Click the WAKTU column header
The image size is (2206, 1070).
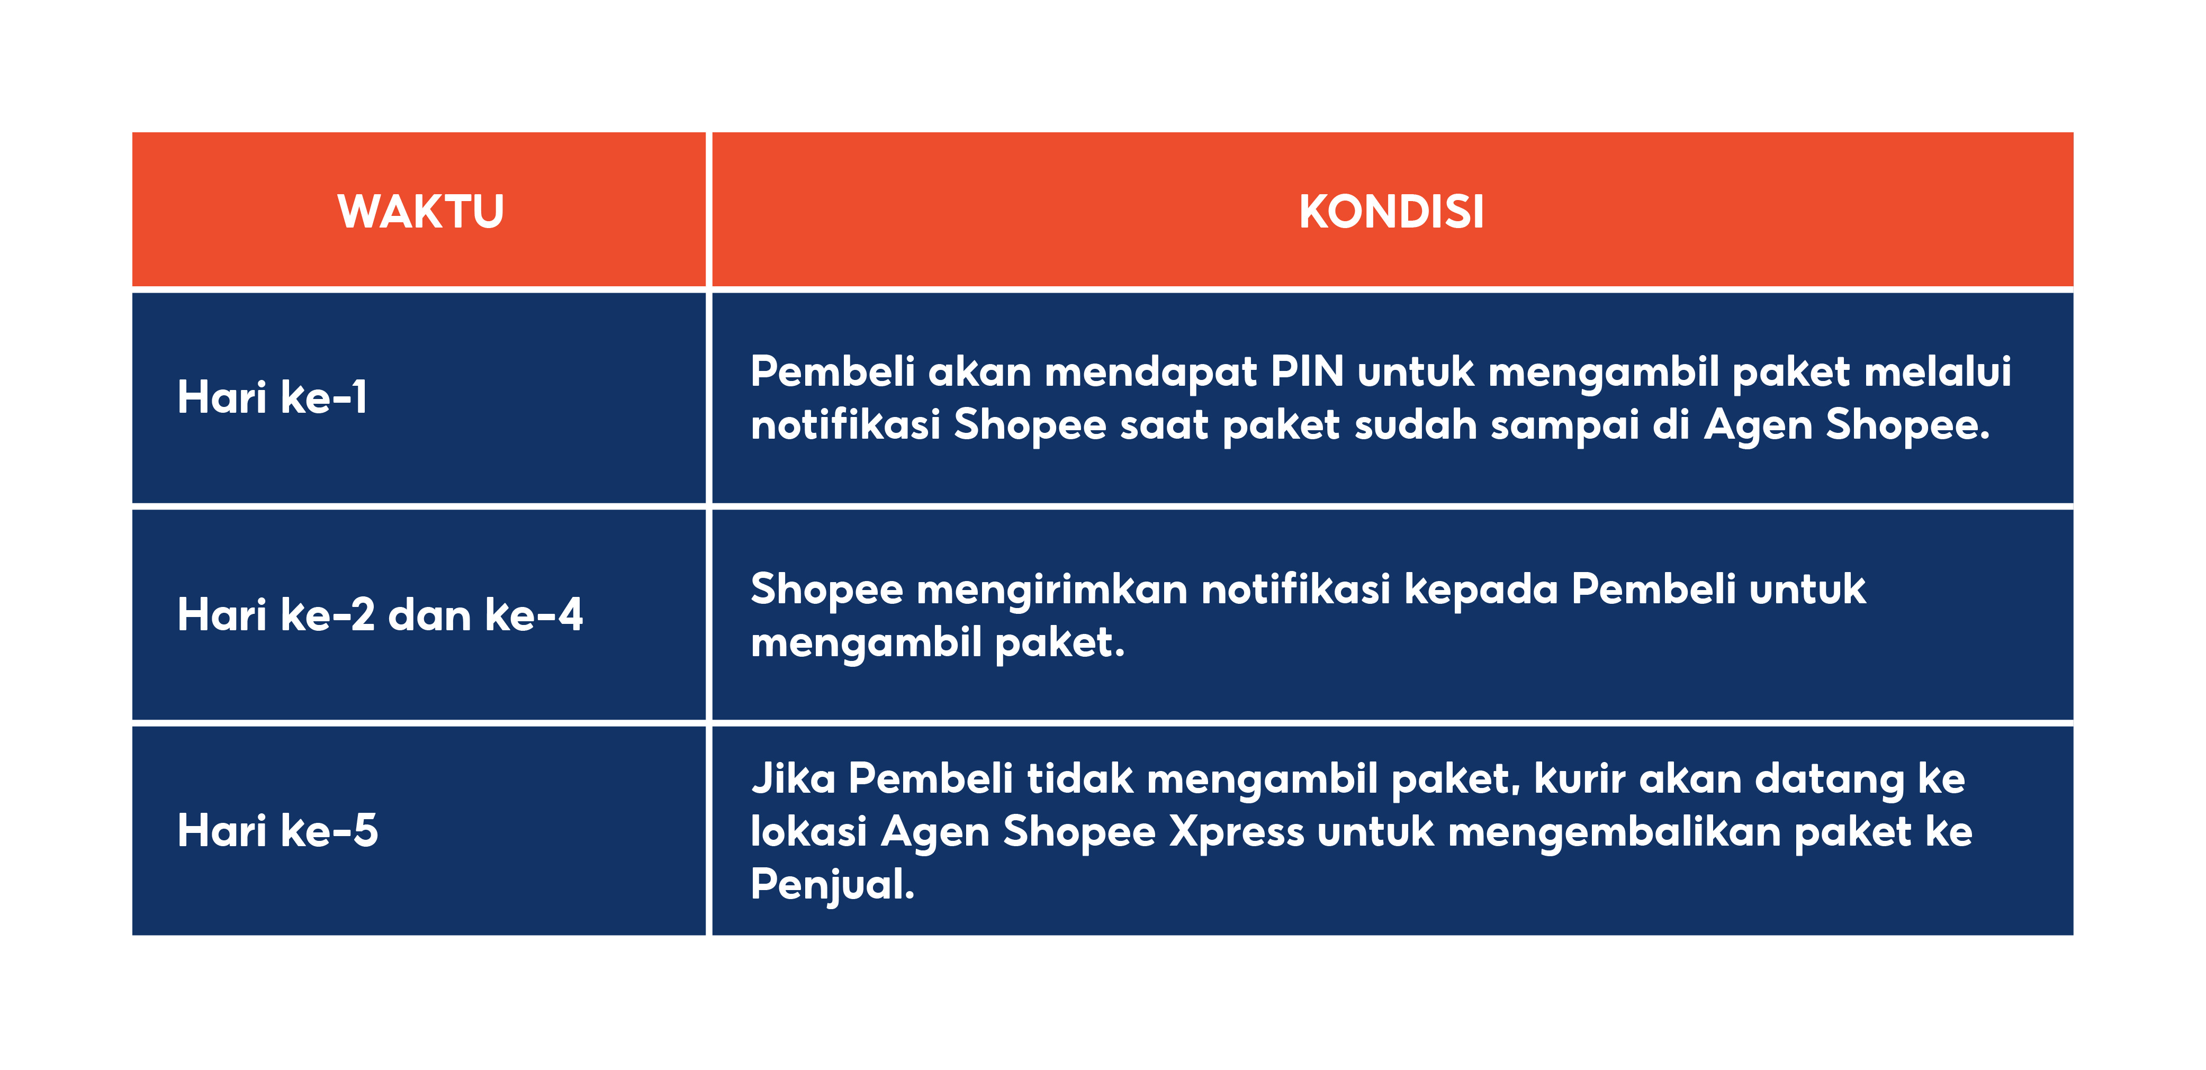click(x=420, y=212)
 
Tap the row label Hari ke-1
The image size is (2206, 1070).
click(x=272, y=397)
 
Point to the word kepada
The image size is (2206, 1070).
click(x=1481, y=591)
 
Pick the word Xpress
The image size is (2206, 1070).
click(x=1237, y=832)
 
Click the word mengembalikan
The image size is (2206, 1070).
click(x=1614, y=832)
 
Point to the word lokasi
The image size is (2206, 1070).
click(x=808, y=832)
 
